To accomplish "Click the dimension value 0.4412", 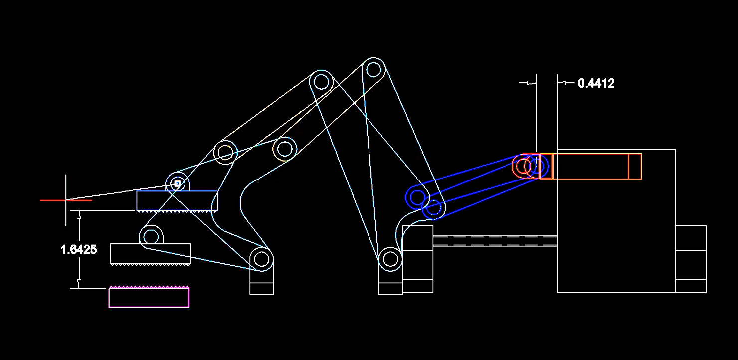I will point(596,83).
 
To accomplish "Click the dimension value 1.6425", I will point(79,250).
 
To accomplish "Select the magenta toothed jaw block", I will point(149,297).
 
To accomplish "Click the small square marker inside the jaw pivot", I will point(177,184).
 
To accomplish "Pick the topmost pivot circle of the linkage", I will point(373,69).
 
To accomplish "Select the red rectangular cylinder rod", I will point(591,166).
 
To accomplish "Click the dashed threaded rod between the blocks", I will point(495,241).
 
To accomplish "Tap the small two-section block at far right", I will point(691,259).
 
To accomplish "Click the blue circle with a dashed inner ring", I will point(434,208).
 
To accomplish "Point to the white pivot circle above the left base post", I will point(260,259).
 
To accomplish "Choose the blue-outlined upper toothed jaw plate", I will point(177,200).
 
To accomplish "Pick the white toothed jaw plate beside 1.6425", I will point(150,253).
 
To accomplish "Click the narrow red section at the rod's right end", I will point(635,166).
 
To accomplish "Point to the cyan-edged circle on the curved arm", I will point(285,149).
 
